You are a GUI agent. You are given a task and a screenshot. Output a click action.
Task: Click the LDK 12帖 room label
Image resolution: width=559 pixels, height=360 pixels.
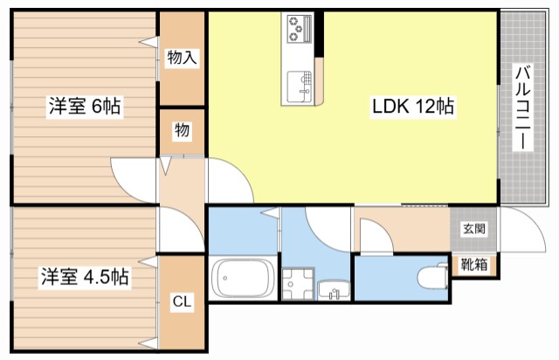point(413,106)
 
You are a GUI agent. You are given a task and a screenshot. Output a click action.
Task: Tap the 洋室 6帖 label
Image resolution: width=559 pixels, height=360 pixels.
point(85,106)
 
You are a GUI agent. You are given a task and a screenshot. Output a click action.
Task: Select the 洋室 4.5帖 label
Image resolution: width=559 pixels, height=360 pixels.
point(85,276)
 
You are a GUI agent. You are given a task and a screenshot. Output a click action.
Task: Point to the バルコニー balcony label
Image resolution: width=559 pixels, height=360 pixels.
point(522,107)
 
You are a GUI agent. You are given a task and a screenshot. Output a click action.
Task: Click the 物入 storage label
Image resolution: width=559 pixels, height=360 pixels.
point(182,57)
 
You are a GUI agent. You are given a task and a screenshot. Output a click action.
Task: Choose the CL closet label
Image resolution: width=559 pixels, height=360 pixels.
point(182,301)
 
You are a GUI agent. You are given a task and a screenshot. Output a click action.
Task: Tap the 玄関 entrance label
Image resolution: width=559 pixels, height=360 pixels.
point(474,229)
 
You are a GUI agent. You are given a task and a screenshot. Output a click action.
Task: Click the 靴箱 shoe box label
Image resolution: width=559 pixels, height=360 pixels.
point(474,265)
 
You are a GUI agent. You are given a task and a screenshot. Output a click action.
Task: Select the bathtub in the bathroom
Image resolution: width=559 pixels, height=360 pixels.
point(243,278)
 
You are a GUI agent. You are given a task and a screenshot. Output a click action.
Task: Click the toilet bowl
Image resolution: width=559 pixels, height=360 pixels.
point(432,276)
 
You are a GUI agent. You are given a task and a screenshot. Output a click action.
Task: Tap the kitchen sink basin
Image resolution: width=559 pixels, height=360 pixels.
point(300,87)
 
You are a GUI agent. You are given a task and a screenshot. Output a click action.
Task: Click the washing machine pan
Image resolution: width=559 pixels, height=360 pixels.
point(298,284)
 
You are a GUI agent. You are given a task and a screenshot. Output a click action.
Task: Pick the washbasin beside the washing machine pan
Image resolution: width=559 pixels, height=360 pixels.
point(334,289)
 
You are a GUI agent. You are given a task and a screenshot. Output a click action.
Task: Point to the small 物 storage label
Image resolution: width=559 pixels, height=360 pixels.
point(182,130)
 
